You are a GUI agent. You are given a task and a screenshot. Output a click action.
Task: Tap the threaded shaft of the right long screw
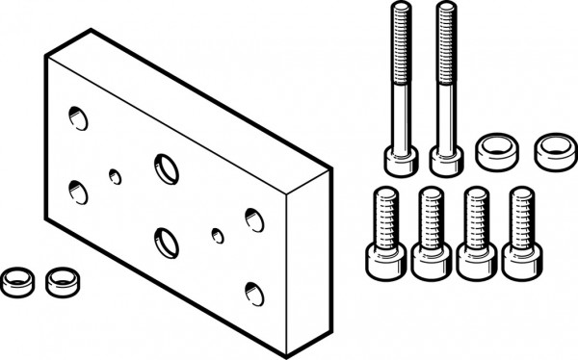[x=445, y=67]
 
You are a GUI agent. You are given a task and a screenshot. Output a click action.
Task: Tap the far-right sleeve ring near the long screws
[x=552, y=149]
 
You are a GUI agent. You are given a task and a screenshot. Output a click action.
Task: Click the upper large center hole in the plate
[x=166, y=168]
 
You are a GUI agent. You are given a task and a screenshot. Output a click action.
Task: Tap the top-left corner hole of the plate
[x=78, y=119]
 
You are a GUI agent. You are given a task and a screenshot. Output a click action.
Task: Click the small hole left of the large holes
[x=116, y=176]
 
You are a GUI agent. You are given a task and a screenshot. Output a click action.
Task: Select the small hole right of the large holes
[x=218, y=235]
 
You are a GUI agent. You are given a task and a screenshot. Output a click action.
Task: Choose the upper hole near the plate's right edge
[x=254, y=220]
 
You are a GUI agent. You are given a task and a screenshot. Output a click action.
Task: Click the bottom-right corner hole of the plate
[x=254, y=293]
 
